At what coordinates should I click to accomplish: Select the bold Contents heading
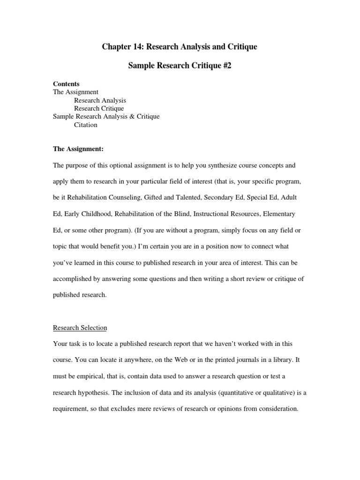(66, 84)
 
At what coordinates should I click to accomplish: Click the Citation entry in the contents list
(86, 125)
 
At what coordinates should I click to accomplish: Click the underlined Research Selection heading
(80, 328)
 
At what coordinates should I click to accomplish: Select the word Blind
(178, 214)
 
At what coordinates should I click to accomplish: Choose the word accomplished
(74, 279)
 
